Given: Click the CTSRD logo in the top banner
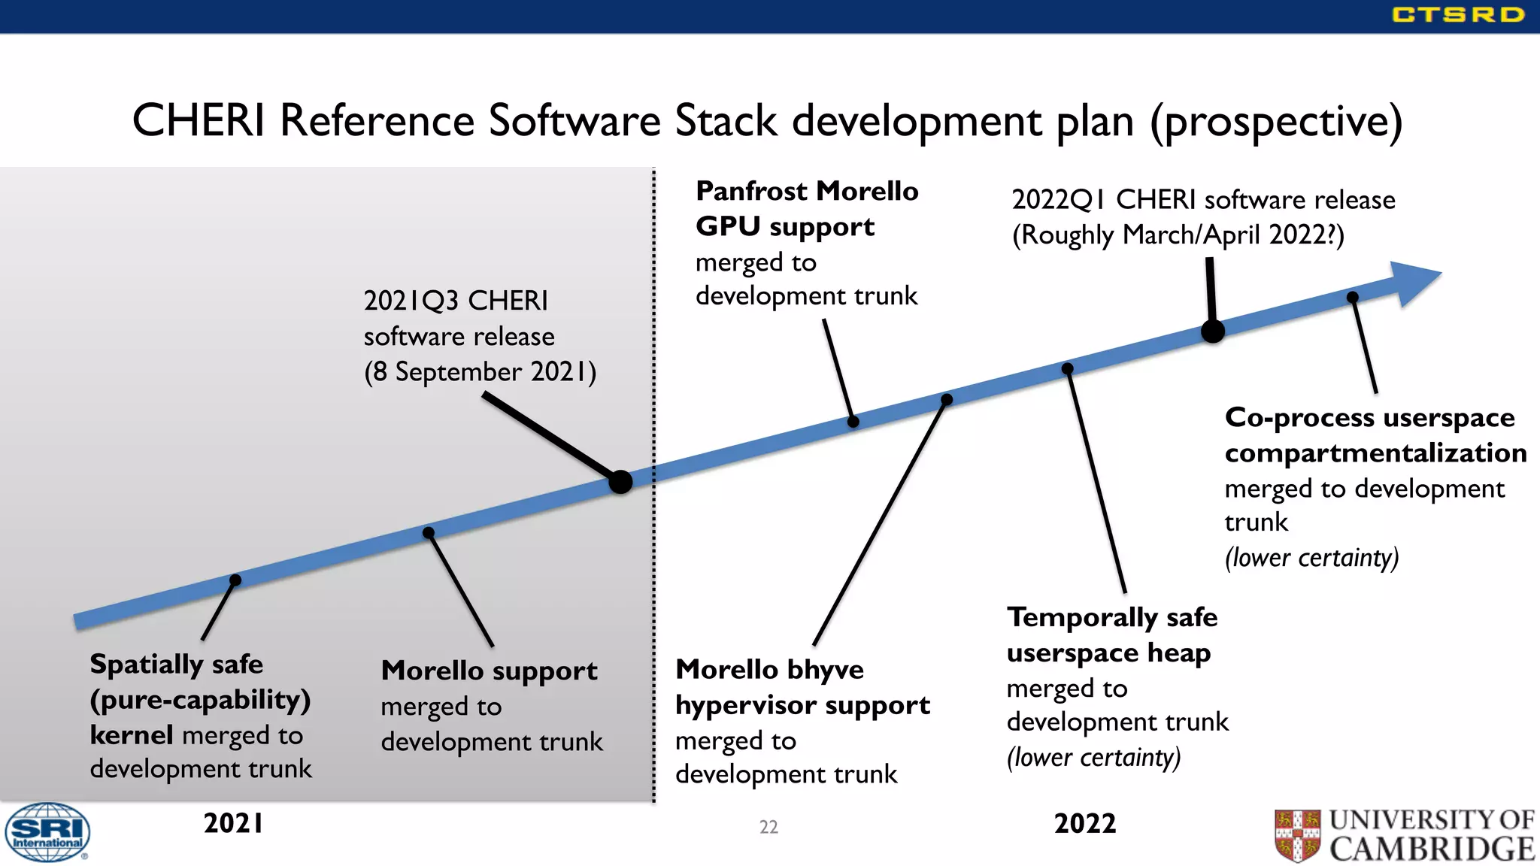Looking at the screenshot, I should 1457,15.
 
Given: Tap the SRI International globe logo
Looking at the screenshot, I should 47,832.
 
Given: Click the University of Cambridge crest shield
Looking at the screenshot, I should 1297,834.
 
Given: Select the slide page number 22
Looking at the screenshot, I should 768,827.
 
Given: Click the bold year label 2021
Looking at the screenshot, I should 233,824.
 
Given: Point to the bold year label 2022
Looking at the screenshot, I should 1085,824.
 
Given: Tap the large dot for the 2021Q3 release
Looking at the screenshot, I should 620,482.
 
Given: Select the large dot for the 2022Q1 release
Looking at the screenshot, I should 1213,331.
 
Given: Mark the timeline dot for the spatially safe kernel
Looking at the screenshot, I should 235,580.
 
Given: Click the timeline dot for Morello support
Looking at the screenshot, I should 429,532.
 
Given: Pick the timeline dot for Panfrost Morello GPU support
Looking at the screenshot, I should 853,422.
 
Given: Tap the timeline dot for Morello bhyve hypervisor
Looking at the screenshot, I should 947,399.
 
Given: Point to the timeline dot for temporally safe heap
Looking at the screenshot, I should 1067,368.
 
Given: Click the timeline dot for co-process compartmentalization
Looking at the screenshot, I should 1352,297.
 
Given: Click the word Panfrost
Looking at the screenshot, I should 753,192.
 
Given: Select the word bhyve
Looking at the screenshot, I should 826,670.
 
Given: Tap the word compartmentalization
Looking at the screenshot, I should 1375,453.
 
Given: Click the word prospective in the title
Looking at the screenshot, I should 1276,122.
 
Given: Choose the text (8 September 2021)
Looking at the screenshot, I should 480,372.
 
